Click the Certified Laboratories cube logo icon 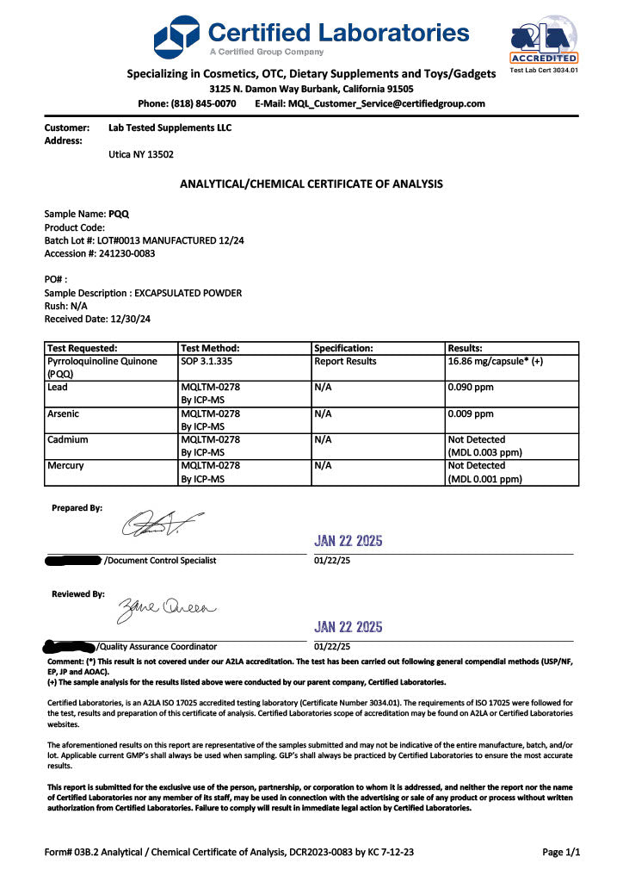click(x=177, y=37)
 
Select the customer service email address click(x=386, y=103)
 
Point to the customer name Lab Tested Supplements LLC click(x=170, y=127)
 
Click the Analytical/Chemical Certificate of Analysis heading click(x=311, y=183)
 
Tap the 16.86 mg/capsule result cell click(x=495, y=362)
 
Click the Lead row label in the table click(x=59, y=388)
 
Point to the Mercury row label click(x=66, y=466)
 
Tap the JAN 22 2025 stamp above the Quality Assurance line click(x=349, y=627)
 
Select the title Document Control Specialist click(x=160, y=561)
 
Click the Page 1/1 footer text click(x=561, y=852)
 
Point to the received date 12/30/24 click(x=126, y=319)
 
